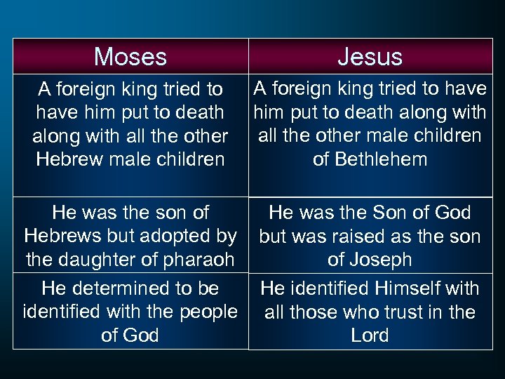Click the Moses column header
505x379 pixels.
(130, 57)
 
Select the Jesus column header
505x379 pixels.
(370, 57)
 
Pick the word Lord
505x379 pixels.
(370, 335)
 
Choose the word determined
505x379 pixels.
(128, 288)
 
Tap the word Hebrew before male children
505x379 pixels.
(68, 159)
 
